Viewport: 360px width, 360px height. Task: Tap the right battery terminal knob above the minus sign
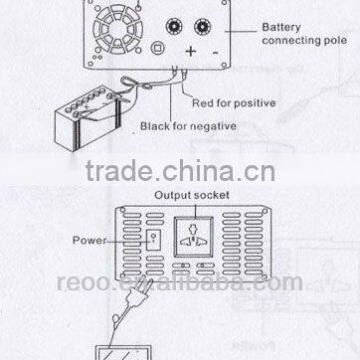(212, 21)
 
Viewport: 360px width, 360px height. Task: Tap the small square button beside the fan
(157, 45)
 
